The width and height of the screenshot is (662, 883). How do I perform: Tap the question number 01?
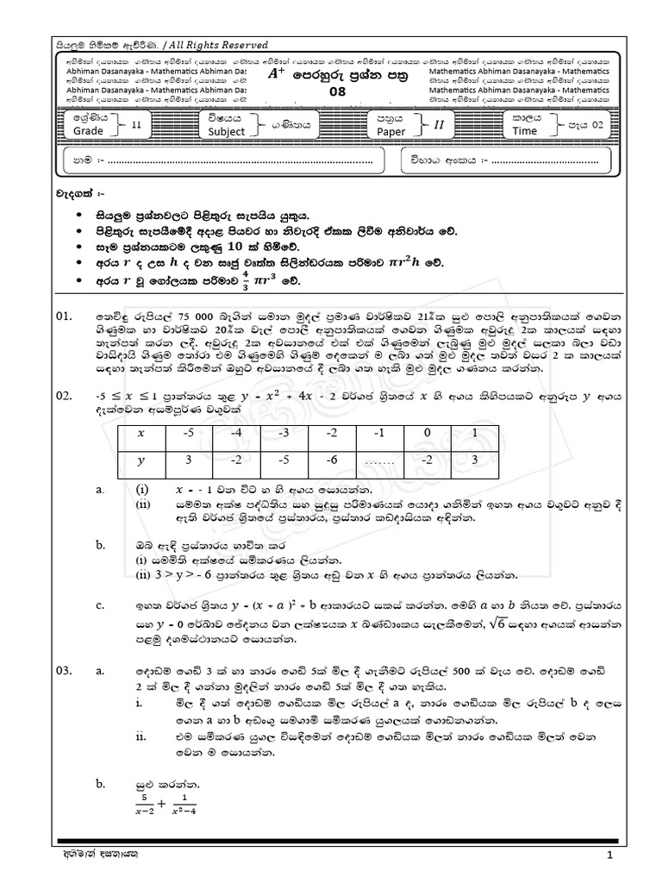coord(66,318)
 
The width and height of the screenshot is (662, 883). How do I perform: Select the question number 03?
coord(66,669)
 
